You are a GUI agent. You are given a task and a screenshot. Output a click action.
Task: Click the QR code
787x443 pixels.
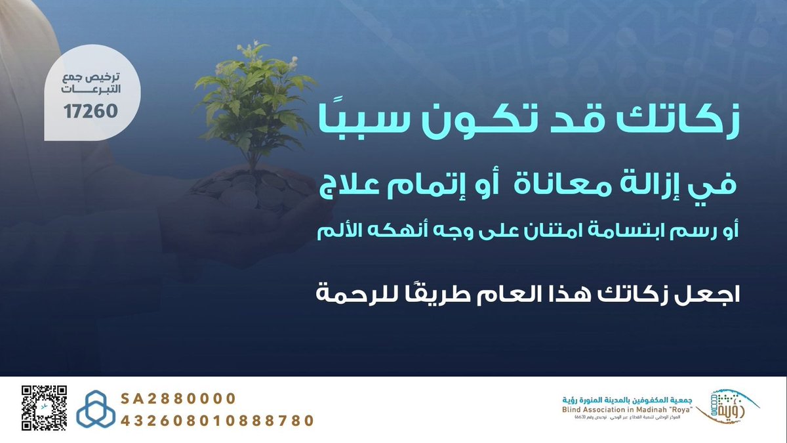pyautogui.click(x=45, y=408)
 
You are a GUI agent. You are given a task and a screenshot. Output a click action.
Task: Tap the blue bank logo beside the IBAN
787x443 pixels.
pyautogui.click(x=96, y=408)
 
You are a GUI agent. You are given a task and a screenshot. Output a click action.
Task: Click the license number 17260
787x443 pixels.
pyautogui.click(x=91, y=112)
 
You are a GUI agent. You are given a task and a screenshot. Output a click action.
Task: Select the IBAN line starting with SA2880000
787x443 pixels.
pyautogui.click(x=178, y=399)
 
